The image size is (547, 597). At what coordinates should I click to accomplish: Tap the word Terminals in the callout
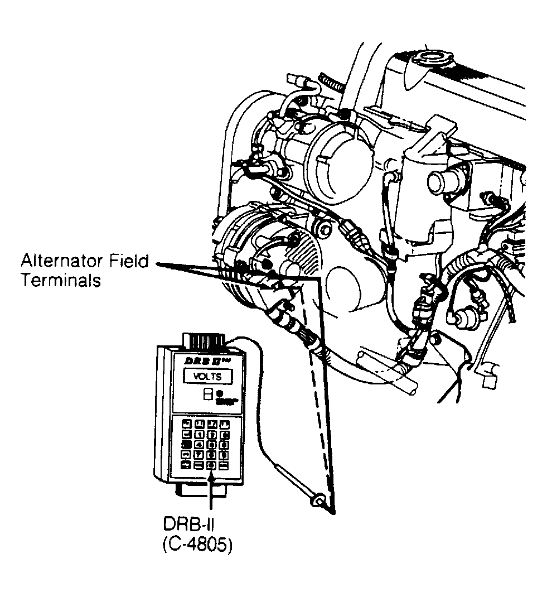[61, 280]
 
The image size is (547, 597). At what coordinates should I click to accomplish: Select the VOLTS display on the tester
[207, 377]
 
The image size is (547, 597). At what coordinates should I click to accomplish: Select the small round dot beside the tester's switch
[219, 393]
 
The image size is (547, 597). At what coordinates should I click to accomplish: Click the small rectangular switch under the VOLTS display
[207, 394]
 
